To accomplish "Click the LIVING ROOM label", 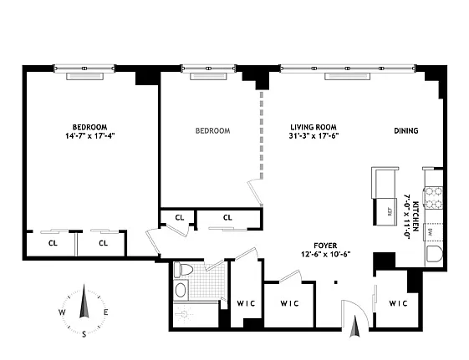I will point(314,126).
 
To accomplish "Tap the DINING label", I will point(406,130).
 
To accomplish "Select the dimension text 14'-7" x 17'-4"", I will point(92,135).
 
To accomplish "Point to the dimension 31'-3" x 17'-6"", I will point(314,136).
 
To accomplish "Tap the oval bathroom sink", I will point(181,290).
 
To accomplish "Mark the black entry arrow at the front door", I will point(354,328).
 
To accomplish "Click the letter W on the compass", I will point(62,312).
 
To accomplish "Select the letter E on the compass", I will point(105,312).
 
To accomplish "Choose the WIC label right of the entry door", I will point(397,302).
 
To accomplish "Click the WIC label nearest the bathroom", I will point(245,302).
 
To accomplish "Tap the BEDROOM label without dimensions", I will point(212,130).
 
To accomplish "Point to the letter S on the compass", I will point(84,334).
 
